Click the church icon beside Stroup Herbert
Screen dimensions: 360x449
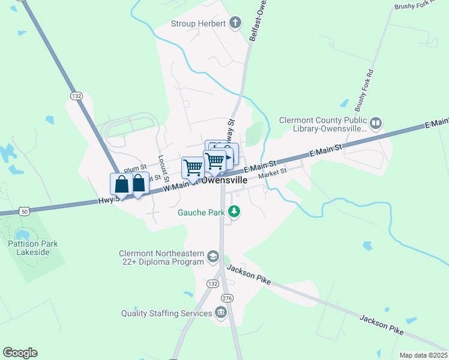236,24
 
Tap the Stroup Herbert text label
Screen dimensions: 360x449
198,24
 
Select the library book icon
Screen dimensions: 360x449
376,124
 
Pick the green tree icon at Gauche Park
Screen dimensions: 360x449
235,212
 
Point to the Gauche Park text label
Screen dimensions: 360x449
200,212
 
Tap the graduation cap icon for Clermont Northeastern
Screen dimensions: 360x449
212,257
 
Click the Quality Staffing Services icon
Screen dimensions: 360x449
221,313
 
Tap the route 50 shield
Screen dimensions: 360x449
23,211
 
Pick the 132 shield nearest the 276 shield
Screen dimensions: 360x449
214,282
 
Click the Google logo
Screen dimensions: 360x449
20,353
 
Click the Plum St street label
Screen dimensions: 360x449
135,169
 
